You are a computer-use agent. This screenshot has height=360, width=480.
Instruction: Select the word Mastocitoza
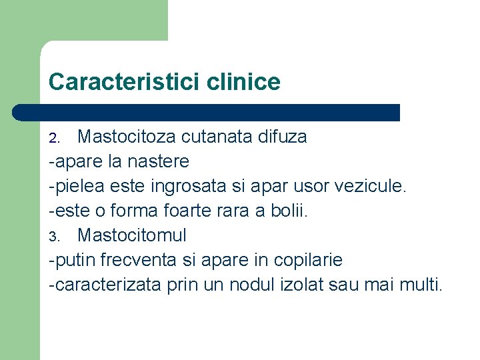127,137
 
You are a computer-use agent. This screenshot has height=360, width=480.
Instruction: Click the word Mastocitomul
132,235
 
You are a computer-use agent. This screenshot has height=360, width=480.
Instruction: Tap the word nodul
249,285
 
